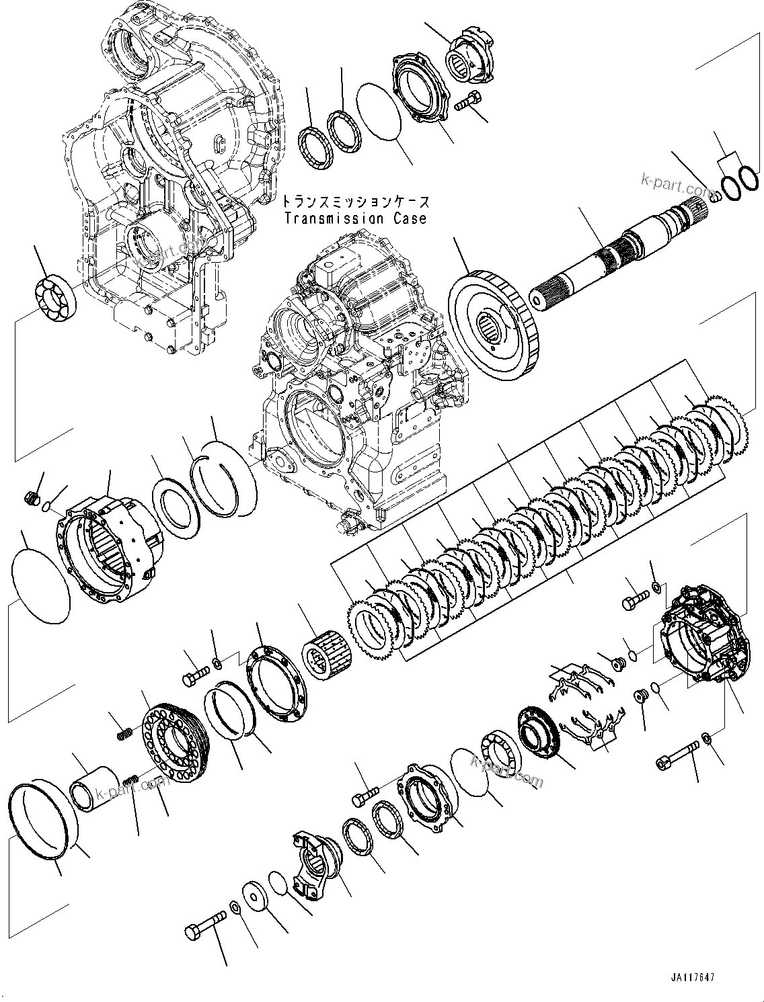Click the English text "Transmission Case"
pyautogui.click(x=355, y=218)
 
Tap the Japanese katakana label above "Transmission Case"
pyautogui.click(x=355, y=202)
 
